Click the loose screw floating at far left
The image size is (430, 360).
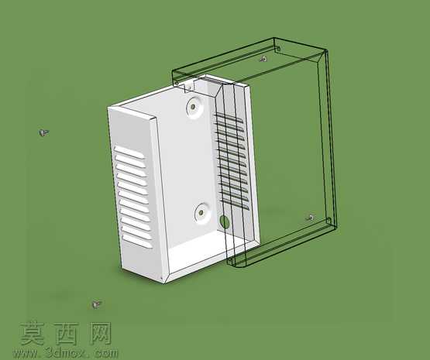pos(43,132)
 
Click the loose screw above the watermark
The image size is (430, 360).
pos(96,303)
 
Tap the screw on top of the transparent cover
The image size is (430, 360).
pos(263,59)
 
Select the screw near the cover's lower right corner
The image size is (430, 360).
pos(310,218)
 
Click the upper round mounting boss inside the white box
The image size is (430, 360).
pos(195,107)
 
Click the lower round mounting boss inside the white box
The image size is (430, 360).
pos(203,213)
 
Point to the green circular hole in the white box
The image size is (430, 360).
pos(225,221)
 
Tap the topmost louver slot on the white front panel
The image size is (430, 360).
pos(129,153)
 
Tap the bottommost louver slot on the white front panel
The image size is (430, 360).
pos(137,241)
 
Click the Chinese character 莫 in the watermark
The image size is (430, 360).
pos(32,333)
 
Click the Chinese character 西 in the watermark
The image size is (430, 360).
pos(66,333)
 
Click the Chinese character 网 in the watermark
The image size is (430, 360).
pos(101,333)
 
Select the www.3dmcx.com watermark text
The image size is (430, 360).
pos(66,352)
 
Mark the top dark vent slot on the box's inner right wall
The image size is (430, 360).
pos(229,118)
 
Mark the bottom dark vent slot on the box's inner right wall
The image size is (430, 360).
pos(235,204)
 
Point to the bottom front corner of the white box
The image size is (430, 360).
pos(164,283)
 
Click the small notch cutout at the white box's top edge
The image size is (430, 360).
pos(189,86)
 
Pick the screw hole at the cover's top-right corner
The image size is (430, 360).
pos(278,50)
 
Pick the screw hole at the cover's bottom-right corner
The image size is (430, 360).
pos(329,220)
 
